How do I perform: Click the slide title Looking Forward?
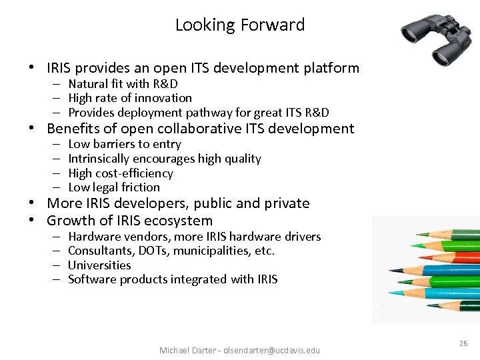240,25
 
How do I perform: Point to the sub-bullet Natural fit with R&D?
123,84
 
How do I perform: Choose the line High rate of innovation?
130,98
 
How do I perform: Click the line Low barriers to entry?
125,144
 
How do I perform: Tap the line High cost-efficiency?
121,173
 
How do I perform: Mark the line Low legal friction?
114,187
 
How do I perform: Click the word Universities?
99,265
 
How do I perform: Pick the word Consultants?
98,251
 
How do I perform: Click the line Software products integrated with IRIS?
173,279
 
